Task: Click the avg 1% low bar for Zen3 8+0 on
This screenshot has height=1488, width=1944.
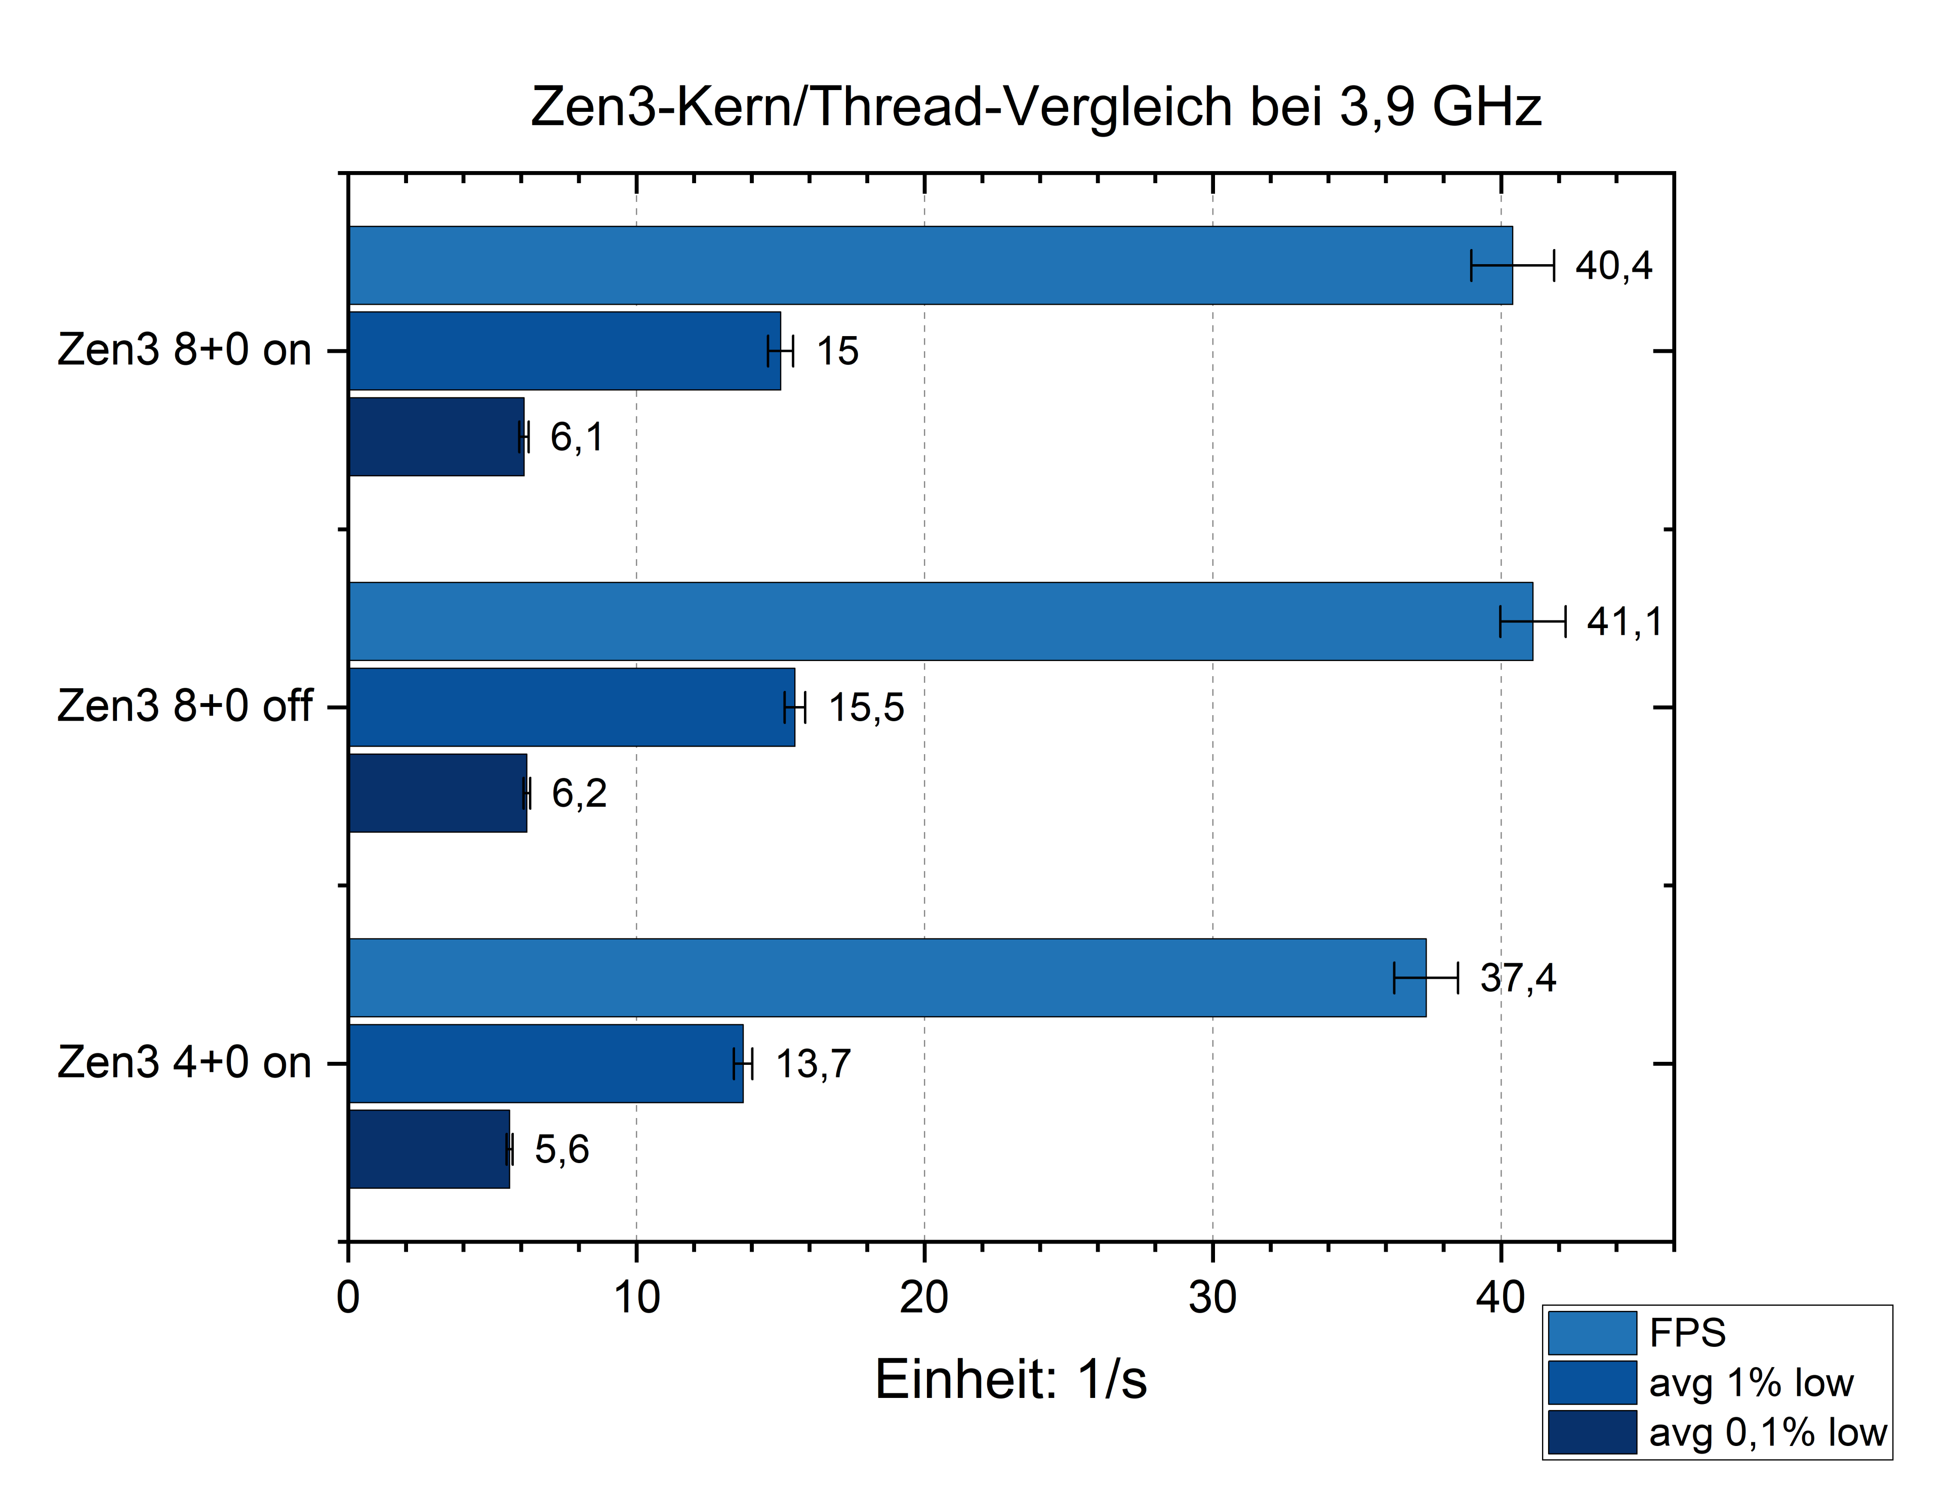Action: pos(564,351)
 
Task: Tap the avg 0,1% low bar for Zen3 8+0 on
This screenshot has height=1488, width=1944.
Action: pos(436,437)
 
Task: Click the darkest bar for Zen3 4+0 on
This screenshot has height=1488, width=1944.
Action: pos(429,1149)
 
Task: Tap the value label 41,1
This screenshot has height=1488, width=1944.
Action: pos(1624,622)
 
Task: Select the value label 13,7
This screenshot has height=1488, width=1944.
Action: pos(813,1064)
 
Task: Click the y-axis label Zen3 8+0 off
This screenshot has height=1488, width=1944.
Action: pos(184,707)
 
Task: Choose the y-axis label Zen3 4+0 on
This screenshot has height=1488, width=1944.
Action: pos(184,1063)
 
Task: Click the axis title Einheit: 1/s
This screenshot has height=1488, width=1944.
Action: pos(1010,1379)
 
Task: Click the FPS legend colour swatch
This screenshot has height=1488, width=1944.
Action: pos(1591,1333)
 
